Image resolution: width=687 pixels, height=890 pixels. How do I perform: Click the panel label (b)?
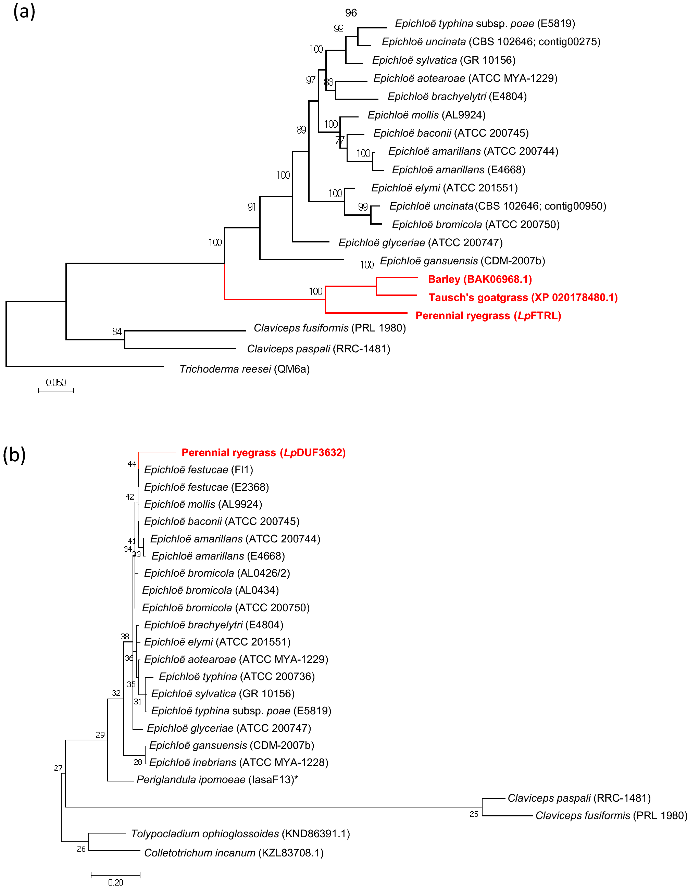(14, 454)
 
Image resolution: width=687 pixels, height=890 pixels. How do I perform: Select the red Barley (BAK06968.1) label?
(479, 279)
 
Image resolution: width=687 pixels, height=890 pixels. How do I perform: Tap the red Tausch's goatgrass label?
(523, 298)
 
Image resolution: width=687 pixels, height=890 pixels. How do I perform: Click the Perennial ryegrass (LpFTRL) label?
(488, 316)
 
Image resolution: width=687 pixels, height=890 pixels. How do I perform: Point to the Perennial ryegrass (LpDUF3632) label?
(263, 453)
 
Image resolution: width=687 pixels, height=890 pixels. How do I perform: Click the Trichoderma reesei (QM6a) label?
(245, 369)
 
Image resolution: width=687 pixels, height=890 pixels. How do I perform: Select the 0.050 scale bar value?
(56, 383)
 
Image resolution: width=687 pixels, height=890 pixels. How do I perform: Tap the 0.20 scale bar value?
(115, 882)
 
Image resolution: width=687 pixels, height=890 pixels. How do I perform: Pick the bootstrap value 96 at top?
(351, 13)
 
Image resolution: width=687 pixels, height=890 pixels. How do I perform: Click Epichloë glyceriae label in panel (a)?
(420, 243)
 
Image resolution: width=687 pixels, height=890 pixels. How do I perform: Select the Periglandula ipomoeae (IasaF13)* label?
(217, 780)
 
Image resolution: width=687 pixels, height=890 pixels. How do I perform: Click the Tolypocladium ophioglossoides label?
(240, 834)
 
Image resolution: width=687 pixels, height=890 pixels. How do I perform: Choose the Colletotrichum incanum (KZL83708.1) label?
(234, 853)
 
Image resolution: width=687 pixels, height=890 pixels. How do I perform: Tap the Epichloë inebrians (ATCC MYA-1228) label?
(238, 763)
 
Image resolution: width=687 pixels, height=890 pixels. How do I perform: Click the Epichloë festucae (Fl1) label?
(198, 470)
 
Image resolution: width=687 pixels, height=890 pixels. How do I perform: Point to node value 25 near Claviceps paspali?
(474, 814)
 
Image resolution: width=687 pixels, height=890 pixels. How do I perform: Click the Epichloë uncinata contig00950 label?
(498, 206)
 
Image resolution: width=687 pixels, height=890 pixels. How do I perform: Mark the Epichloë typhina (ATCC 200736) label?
(237, 676)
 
